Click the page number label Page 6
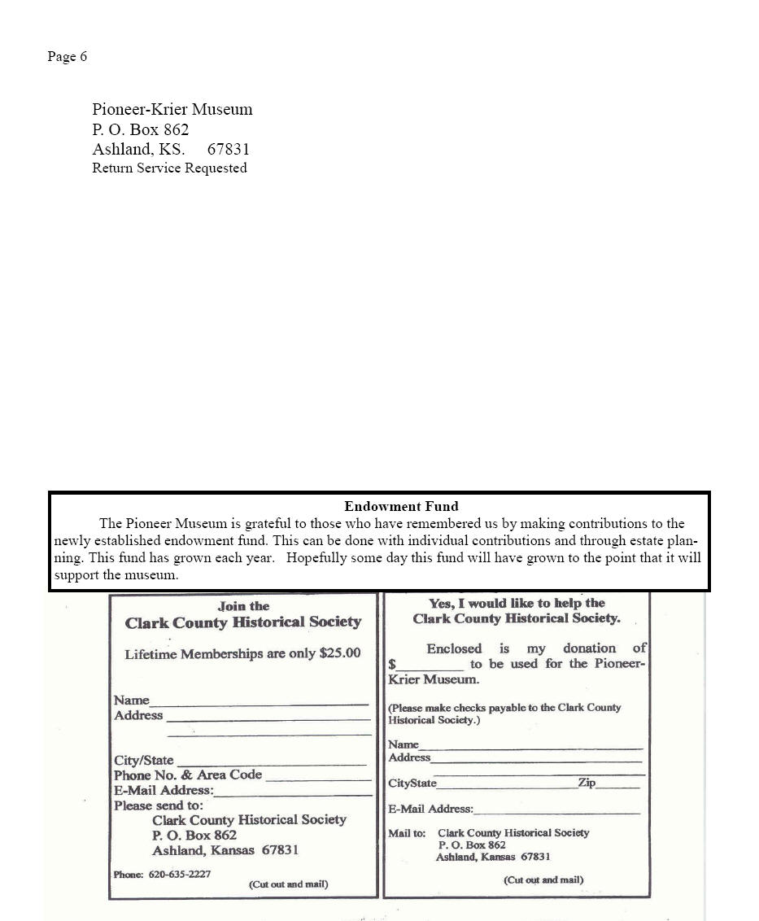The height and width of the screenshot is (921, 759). (x=67, y=56)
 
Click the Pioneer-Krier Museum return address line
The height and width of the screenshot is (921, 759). (x=172, y=109)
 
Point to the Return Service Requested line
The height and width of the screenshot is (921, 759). (x=169, y=168)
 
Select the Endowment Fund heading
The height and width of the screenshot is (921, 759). (x=401, y=506)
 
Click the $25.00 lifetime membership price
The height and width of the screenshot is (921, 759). (x=340, y=653)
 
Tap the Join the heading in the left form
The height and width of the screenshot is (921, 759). (x=243, y=606)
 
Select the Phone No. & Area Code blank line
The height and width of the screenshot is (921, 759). (x=318, y=779)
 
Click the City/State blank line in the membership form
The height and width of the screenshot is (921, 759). (x=271, y=763)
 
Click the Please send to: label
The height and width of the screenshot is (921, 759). (x=158, y=805)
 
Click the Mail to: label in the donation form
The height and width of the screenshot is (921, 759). (x=407, y=833)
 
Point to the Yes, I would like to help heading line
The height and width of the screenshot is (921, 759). (x=517, y=604)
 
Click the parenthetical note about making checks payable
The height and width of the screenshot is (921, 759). (x=504, y=714)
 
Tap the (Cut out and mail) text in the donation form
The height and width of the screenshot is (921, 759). (x=543, y=880)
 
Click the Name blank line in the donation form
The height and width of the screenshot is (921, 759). (x=530, y=747)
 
